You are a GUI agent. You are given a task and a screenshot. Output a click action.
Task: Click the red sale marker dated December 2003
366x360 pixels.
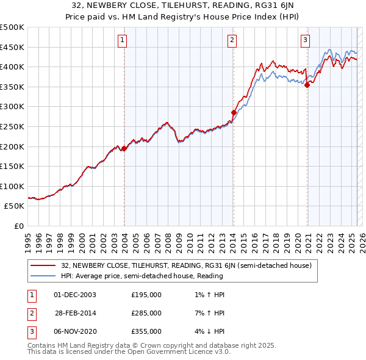[x=124, y=148]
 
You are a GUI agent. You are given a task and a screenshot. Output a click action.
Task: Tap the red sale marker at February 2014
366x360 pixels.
[x=234, y=112]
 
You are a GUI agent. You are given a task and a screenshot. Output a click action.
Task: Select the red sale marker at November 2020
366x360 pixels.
[x=307, y=85]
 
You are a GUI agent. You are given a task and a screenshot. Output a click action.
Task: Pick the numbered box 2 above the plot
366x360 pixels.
[x=232, y=41]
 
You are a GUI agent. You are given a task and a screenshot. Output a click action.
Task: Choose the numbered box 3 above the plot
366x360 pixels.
[x=305, y=41]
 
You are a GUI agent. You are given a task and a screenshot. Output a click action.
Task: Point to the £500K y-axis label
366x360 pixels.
[x=12, y=27]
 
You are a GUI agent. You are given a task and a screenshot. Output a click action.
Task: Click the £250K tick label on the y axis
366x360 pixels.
[x=12, y=126]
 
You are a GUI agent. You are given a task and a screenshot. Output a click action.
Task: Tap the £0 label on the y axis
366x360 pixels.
[x=20, y=226]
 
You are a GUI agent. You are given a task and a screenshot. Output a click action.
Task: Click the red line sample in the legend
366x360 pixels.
[x=43, y=265]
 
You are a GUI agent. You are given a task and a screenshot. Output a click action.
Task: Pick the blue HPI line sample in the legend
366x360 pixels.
[x=43, y=276]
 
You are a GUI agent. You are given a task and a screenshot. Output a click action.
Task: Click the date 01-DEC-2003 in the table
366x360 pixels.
[x=75, y=295]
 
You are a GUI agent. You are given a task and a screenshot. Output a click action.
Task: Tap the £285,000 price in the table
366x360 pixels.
[x=146, y=313]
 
